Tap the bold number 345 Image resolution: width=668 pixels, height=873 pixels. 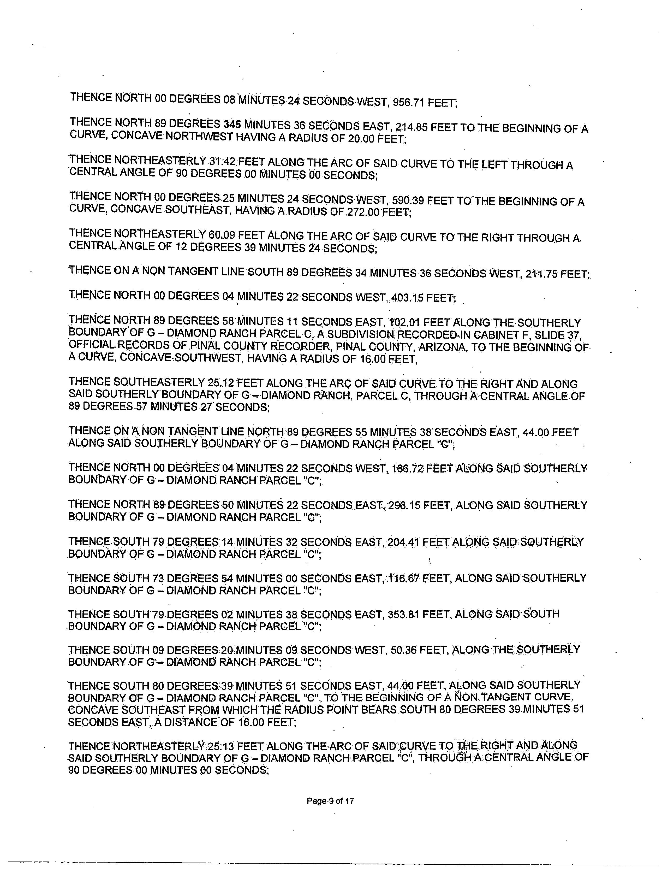tap(232, 125)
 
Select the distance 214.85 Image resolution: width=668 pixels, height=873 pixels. tap(411, 127)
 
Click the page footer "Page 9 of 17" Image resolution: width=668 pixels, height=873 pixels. tap(330, 801)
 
